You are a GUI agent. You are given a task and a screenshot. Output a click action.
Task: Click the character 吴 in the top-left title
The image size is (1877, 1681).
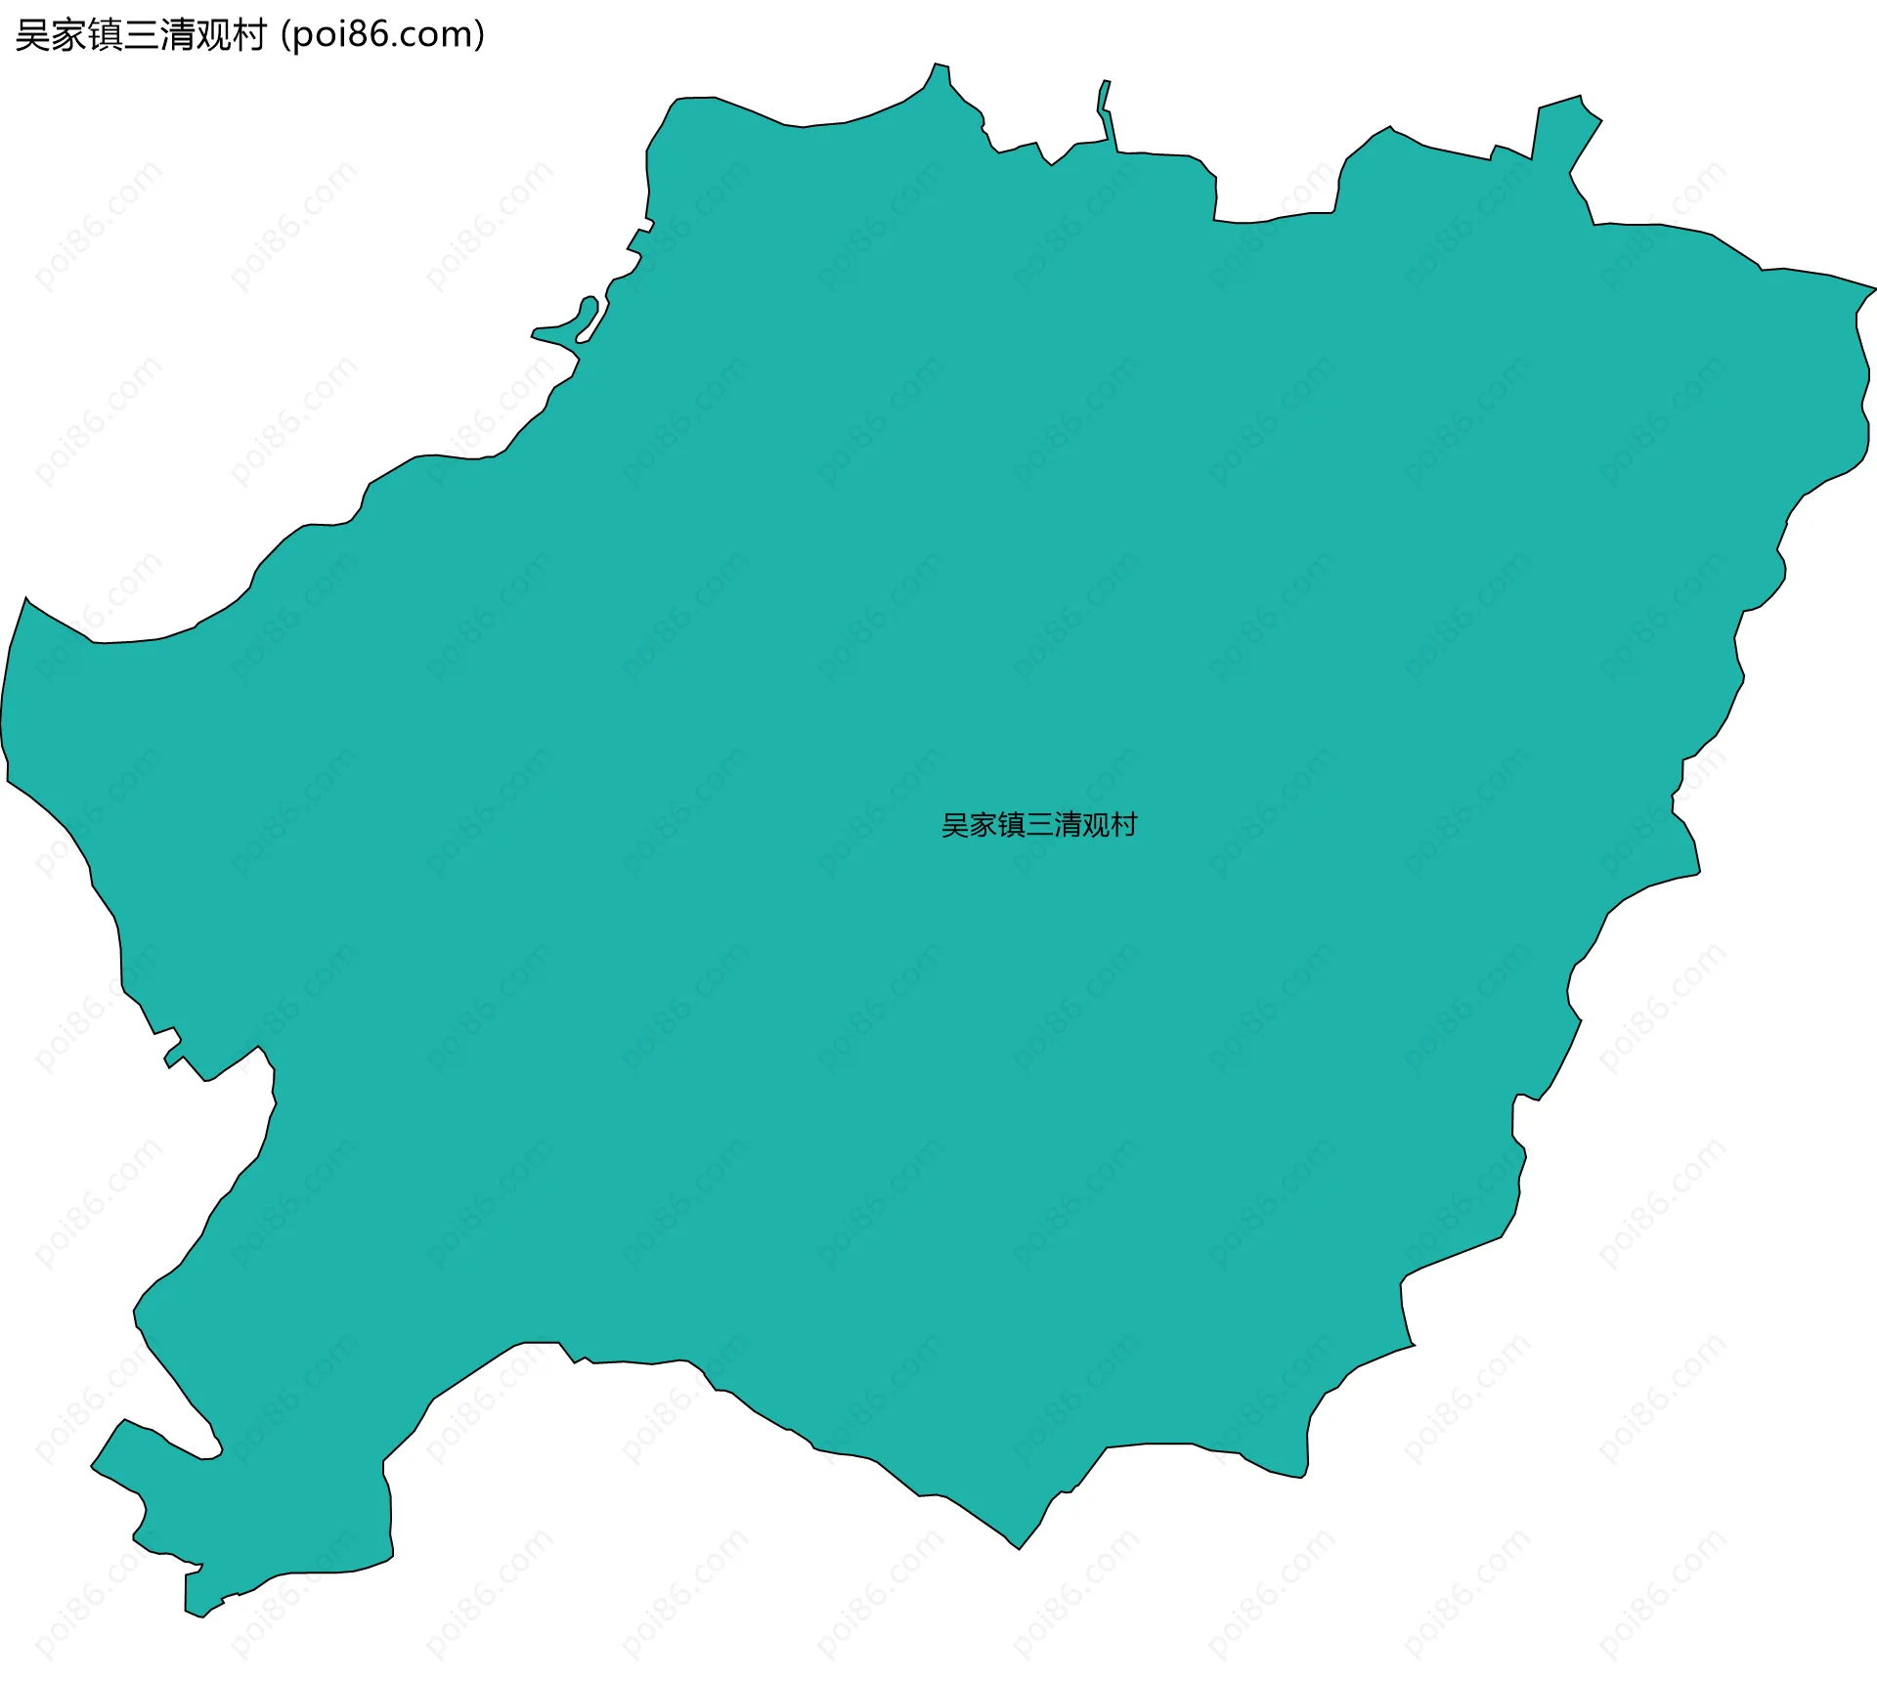coord(32,36)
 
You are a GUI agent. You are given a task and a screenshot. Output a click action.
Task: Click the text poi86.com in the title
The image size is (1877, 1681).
coord(382,35)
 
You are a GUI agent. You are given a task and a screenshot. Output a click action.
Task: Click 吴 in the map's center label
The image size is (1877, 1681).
coord(955,826)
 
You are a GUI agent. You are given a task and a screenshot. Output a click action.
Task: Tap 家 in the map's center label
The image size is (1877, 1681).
coord(983,826)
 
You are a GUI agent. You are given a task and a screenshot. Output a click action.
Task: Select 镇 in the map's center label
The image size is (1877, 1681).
coord(1012,826)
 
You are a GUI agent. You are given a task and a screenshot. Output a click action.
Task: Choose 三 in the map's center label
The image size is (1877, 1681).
coord(1039,826)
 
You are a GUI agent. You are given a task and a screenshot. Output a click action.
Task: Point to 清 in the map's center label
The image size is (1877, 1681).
coord(1068,826)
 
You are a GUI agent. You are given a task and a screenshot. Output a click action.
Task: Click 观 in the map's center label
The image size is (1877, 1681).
coord(1096,826)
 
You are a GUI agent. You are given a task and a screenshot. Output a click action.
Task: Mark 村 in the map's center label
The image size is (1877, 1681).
coord(1124,826)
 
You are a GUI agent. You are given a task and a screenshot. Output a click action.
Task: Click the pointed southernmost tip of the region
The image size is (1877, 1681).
coord(1020,1545)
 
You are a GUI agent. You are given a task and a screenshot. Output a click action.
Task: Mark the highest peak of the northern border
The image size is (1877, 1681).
coord(940,70)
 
